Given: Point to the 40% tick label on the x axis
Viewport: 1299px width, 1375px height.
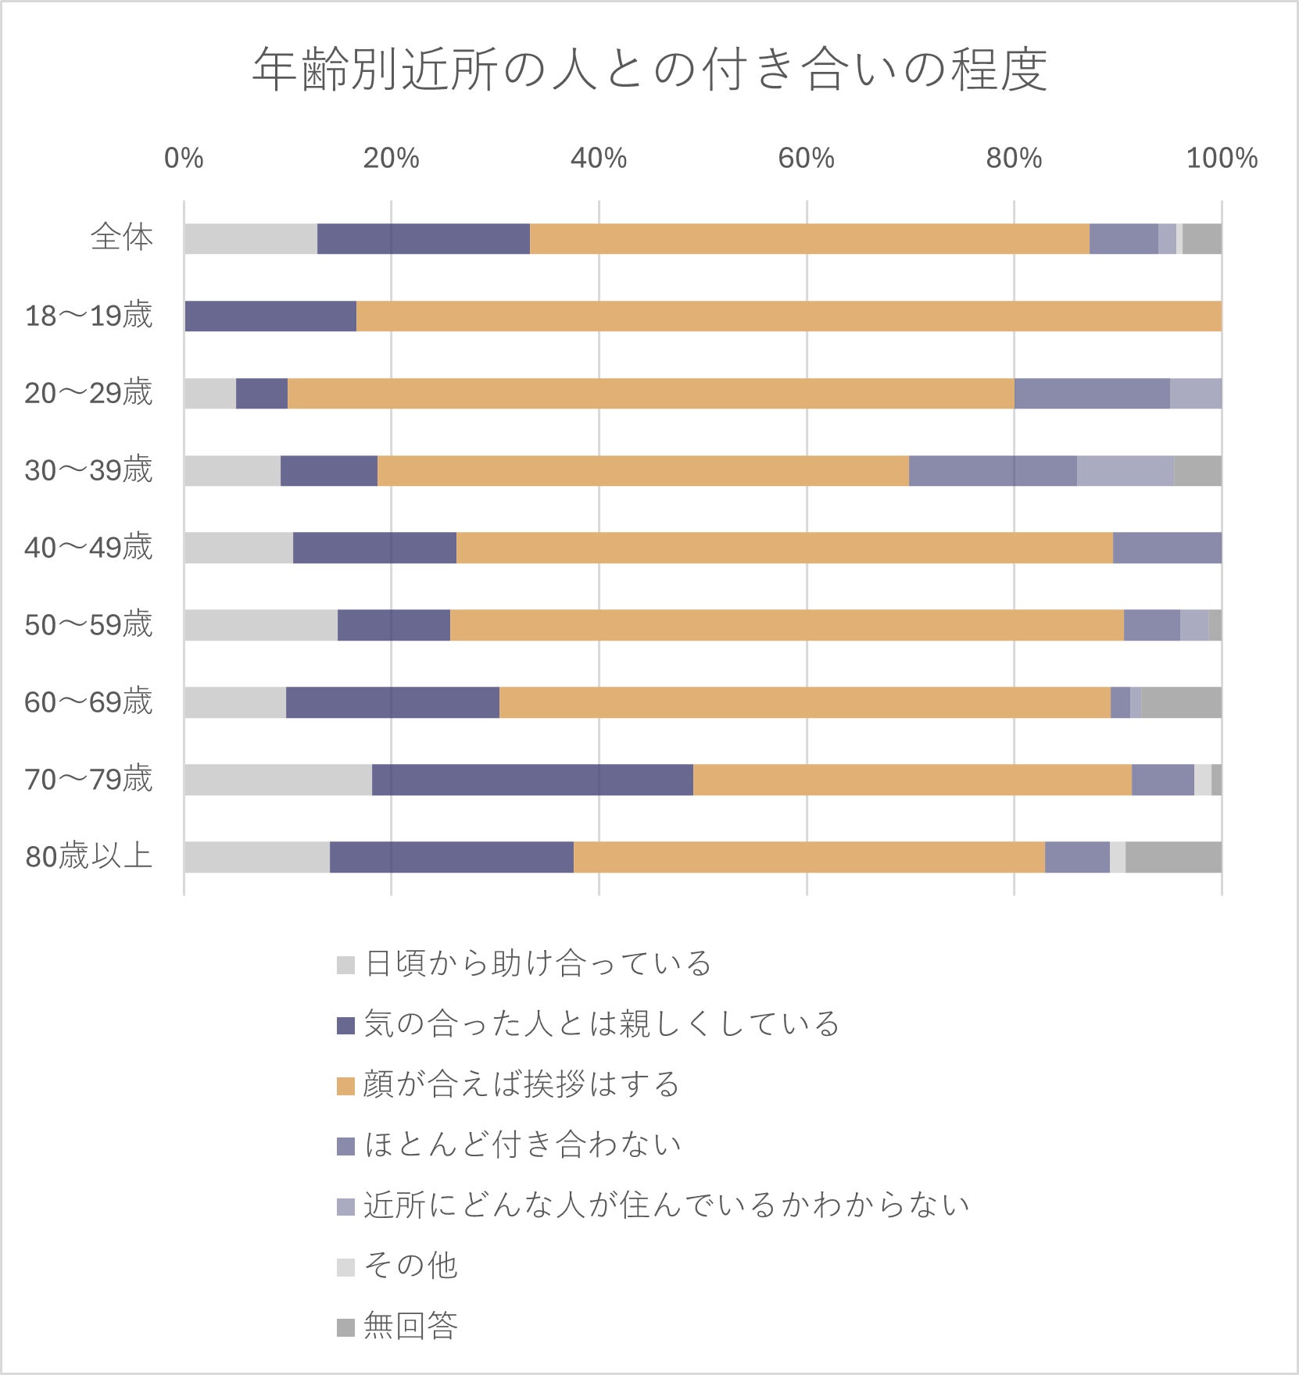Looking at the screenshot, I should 598,159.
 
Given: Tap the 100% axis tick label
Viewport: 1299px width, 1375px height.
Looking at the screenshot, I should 1221,159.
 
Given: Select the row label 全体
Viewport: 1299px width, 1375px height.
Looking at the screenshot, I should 122,237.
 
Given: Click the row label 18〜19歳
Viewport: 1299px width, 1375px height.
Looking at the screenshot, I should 88,316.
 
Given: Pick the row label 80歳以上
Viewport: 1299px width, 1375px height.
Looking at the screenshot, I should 88,856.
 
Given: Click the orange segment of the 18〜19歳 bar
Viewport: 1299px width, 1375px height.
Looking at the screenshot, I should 788,316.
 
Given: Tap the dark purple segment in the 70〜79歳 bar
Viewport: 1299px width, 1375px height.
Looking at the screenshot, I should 532,780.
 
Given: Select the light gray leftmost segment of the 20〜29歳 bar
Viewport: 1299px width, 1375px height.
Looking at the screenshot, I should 209,393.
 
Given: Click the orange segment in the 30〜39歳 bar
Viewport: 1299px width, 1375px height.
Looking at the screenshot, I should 642,470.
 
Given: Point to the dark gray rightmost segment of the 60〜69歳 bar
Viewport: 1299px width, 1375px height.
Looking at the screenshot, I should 1180,702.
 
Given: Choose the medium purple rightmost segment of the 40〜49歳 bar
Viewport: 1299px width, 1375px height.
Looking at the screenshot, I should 1166,548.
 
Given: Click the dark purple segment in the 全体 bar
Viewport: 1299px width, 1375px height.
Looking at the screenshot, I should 423,238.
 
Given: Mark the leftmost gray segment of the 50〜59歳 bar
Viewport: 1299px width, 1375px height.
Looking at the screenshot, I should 260,625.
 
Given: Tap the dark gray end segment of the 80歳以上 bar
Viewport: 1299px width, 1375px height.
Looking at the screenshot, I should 1172,857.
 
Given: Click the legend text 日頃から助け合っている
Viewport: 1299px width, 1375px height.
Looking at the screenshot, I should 538,963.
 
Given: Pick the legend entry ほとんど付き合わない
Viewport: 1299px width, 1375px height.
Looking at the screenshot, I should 522,1145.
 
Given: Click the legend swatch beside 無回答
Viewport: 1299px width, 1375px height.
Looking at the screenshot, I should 345,1327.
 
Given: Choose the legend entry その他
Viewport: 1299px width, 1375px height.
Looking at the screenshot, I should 410,1266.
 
